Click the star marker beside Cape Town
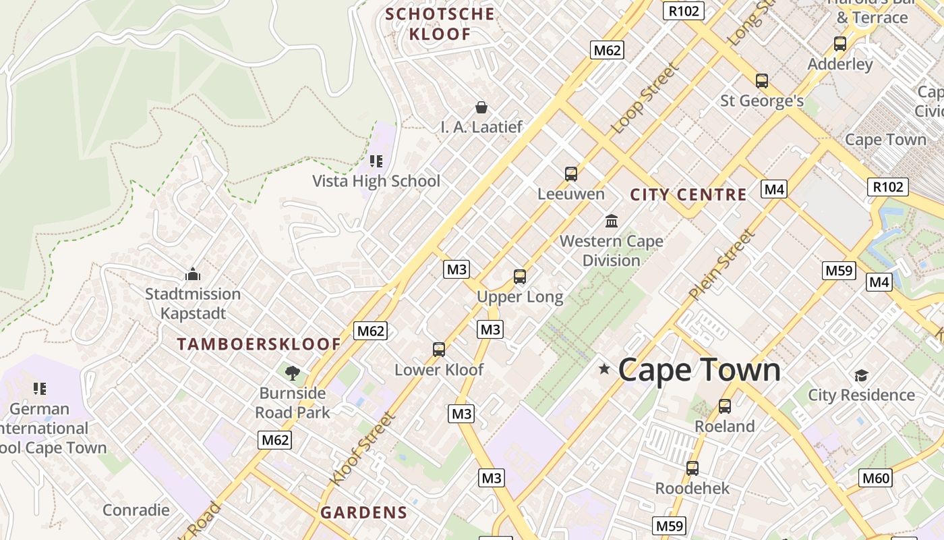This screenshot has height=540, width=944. click(x=604, y=369)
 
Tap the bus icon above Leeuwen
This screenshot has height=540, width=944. click(x=571, y=174)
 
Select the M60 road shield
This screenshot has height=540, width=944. click(x=876, y=479)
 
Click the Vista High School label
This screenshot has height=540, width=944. click(x=376, y=181)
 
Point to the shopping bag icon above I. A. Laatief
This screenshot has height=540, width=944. click(x=481, y=107)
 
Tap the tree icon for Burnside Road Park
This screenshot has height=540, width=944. click(x=293, y=373)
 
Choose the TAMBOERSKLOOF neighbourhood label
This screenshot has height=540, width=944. click(x=260, y=344)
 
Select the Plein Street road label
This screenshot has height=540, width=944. click(x=721, y=265)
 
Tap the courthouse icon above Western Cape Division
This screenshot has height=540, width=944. click(x=612, y=221)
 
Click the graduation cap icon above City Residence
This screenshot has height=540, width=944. click(x=861, y=375)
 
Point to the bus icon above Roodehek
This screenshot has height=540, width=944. click(x=692, y=468)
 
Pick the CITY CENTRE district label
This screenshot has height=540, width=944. click(x=688, y=195)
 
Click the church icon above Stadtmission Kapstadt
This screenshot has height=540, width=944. click(x=193, y=274)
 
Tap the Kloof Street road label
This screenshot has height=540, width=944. click(x=361, y=448)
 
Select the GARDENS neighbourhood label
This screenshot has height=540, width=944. click(x=364, y=512)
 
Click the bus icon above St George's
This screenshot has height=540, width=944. click(x=762, y=81)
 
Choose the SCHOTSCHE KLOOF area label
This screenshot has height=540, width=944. click(x=440, y=24)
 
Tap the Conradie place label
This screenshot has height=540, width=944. click(x=136, y=510)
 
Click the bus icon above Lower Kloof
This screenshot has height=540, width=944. click(x=439, y=350)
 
